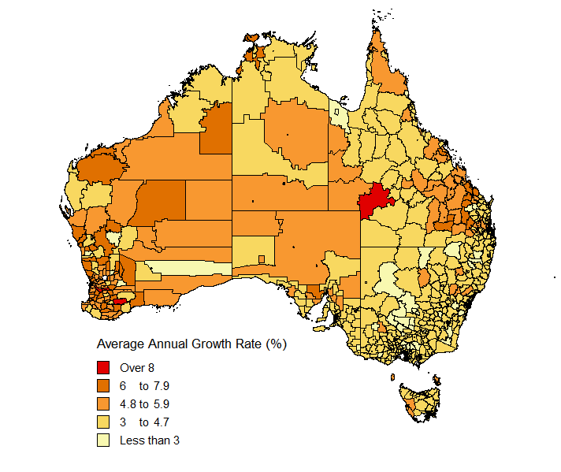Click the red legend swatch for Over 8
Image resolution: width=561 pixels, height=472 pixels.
click(103, 367)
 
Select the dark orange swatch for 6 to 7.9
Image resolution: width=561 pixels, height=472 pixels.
click(103, 385)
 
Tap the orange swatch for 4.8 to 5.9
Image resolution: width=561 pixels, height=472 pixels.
click(103, 403)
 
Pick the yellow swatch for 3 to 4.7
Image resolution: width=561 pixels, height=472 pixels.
click(103, 422)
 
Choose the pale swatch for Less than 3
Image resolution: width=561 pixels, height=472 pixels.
click(103, 440)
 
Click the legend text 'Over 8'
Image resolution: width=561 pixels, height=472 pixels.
click(136, 367)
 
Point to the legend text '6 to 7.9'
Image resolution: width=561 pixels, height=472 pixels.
click(144, 385)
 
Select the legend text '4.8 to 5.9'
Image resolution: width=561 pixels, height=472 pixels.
click(144, 403)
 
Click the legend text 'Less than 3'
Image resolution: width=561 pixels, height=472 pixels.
click(150, 440)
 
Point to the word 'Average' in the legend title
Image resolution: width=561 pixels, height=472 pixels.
click(121, 344)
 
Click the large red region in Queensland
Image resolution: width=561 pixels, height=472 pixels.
click(377, 201)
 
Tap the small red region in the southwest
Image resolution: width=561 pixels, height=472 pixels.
click(120, 301)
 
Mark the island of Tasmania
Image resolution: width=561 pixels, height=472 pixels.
click(416, 398)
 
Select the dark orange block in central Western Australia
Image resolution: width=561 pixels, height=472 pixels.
click(162, 201)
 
